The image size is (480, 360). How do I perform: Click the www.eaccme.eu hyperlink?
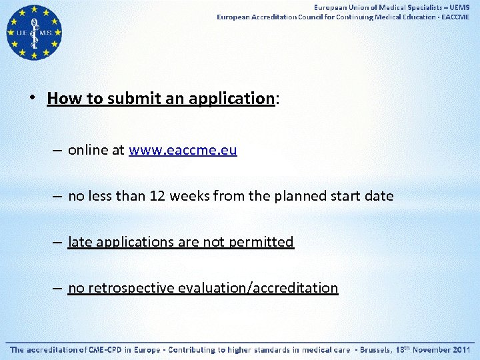tap(183, 151)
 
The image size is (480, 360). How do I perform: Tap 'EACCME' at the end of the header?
tap(455, 17)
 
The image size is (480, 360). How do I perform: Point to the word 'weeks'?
tap(189, 197)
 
